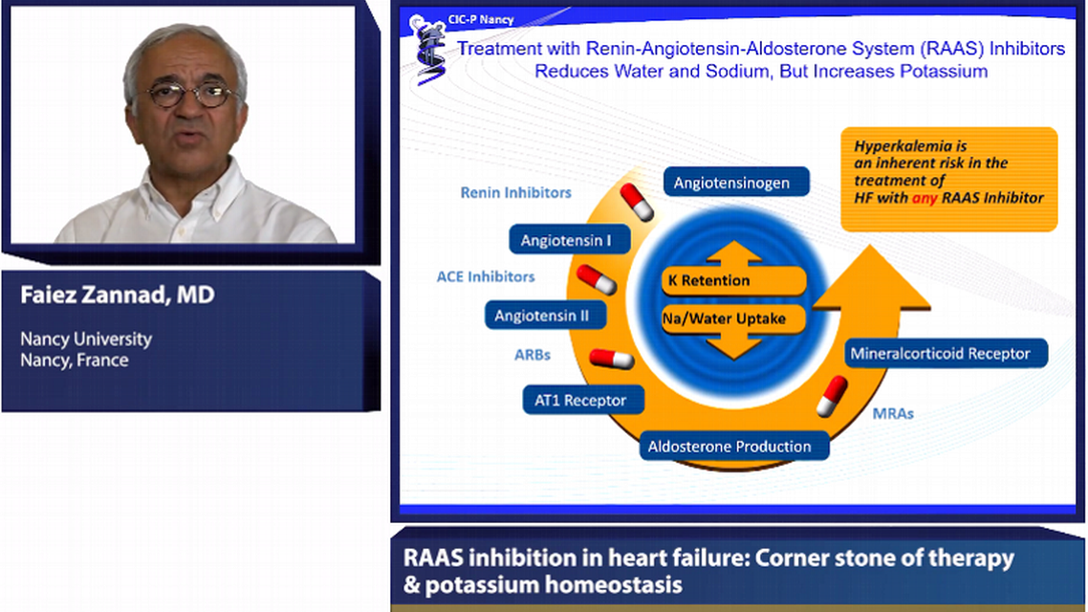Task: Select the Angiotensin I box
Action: coord(566,240)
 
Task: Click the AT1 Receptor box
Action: coord(581,400)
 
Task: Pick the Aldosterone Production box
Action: coord(729,447)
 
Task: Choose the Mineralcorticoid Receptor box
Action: coord(940,353)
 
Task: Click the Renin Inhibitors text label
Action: coord(515,192)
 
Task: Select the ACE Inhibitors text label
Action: coord(486,276)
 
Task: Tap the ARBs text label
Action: coord(533,354)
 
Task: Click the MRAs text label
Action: coord(892,413)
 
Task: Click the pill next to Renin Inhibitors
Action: coord(636,202)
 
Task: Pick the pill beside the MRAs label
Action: coord(831,395)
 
